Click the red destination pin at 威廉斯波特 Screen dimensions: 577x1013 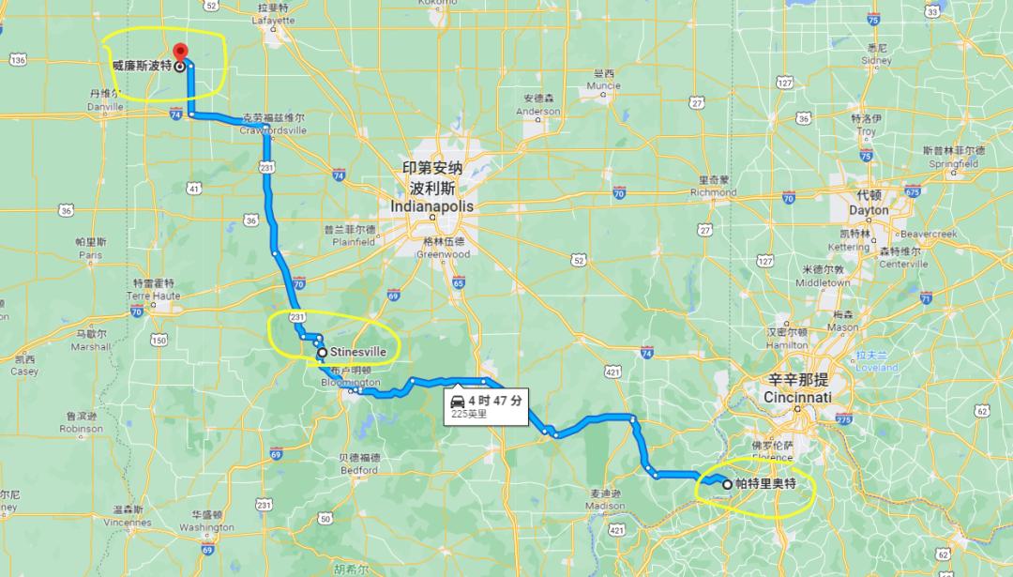pos(180,52)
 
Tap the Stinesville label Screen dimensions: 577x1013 pos(358,353)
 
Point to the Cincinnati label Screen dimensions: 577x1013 pos(798,397)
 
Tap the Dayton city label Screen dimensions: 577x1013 pos(869,210)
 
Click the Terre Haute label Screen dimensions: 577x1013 pos(152,295)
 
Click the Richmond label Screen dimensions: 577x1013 pos(714,191)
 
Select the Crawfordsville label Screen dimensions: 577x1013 pos(273,129)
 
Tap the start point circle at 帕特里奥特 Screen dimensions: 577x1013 pos(727,484)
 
